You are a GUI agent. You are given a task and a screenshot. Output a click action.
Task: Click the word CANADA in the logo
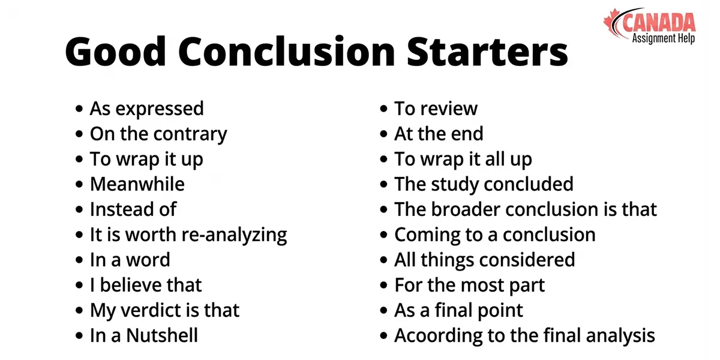click(x=659, y=23)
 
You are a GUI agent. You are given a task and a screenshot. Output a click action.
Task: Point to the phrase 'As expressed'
click(x=146, y=109)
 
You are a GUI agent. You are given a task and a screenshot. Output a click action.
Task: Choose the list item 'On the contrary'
click(x=158, y=134)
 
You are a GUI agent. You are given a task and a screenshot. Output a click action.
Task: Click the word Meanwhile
click(x=137, y=184)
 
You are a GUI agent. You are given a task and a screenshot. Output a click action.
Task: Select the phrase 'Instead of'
click(x=133, y=209)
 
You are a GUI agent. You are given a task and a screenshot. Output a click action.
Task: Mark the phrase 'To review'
click(x=436, y=109)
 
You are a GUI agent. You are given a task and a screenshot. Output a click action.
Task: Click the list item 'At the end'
click(x=439, y=134)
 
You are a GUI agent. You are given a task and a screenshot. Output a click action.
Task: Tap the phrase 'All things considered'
click(x=484, y=260)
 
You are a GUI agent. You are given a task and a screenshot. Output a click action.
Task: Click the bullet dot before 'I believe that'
click(x=79, y=286)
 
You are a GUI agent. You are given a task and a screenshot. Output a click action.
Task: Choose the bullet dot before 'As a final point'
click(x=384, y=311)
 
